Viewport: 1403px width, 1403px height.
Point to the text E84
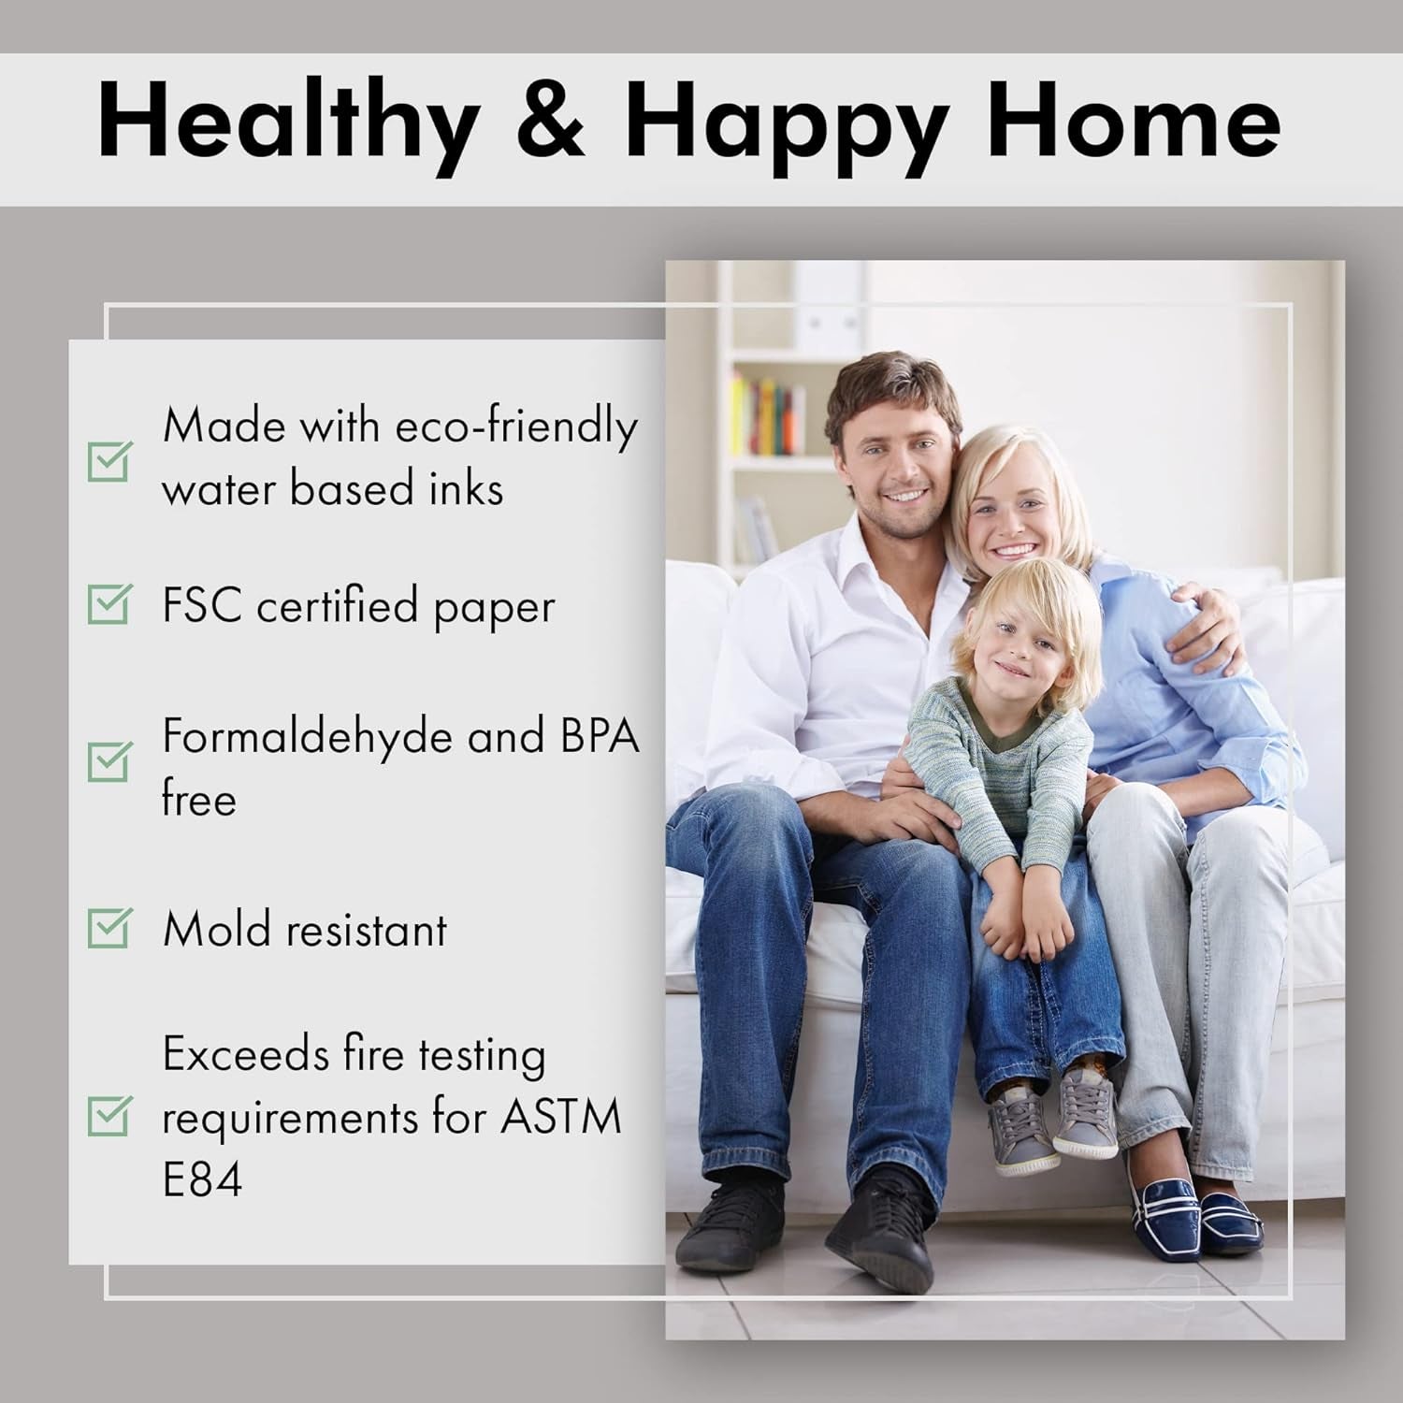click(x=202, y=1179)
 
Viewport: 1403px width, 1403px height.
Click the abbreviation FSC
click(x=202, y=606)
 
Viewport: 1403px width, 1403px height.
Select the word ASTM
click(x=560, y=1117)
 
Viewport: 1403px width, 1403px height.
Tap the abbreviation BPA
click(x=600, y=736)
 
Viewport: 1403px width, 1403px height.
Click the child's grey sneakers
click(x=1052, y=1122)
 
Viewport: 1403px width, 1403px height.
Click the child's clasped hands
click(x=1024, y=926)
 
